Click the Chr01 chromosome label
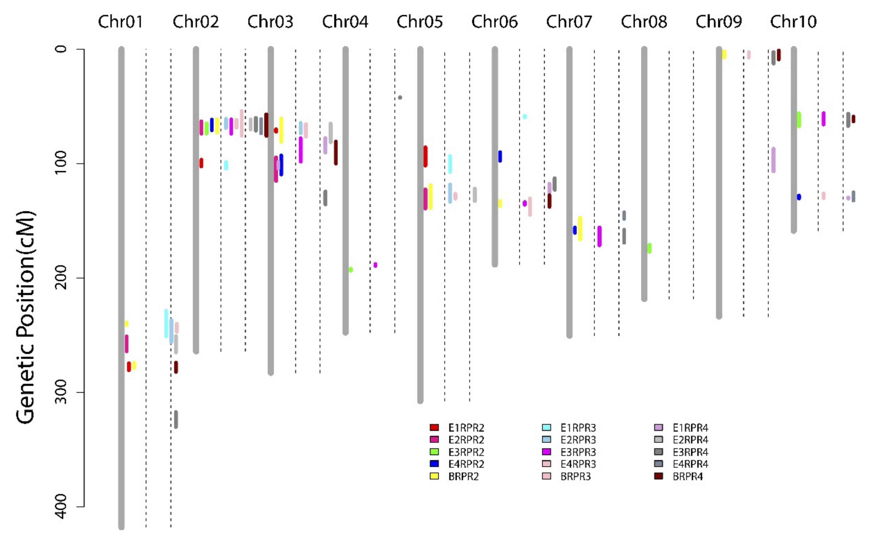120,22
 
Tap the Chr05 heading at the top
419,22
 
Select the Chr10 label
793,22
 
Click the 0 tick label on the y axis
61,49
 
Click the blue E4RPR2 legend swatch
434,464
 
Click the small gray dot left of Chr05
400,97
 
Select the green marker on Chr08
649,248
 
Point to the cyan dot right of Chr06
525,116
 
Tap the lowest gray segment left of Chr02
176,419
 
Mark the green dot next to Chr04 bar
351,269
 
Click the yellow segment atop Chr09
724,54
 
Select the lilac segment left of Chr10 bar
773,160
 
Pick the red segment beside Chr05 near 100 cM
425,156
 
